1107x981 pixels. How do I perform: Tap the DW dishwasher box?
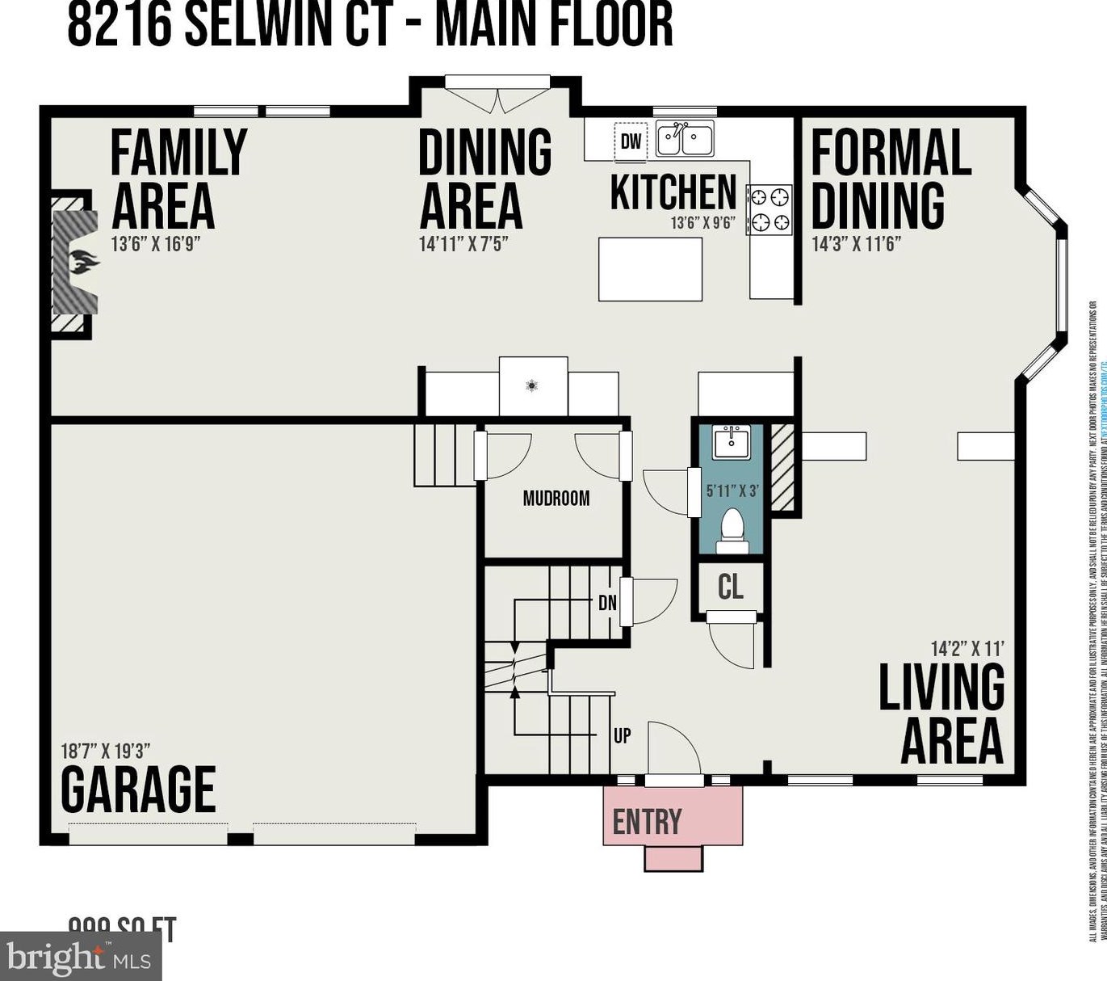(631, 141)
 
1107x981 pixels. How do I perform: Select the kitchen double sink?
(684, 139)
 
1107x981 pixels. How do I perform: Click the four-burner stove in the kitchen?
(769, 209)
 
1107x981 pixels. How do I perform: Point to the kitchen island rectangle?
(650, 269)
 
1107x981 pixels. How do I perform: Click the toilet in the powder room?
(732, 529)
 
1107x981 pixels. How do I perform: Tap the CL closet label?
(730, 586)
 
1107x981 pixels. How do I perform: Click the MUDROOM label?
(556, 498)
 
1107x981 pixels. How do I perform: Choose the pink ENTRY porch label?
(647, 821)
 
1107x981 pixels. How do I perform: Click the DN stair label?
(607, 602)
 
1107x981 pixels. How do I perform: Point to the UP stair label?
(622, 735)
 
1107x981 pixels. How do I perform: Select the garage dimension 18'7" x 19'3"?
(106, 751)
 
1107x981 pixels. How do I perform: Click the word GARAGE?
(138, 789)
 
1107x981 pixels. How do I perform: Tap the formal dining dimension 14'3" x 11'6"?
(856, 243)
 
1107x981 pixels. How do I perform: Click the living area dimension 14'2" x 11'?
(967, 648)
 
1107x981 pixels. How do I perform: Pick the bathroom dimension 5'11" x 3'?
(732, 490)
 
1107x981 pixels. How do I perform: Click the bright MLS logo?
(81, 958)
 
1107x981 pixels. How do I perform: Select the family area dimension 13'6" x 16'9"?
(155, 243)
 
